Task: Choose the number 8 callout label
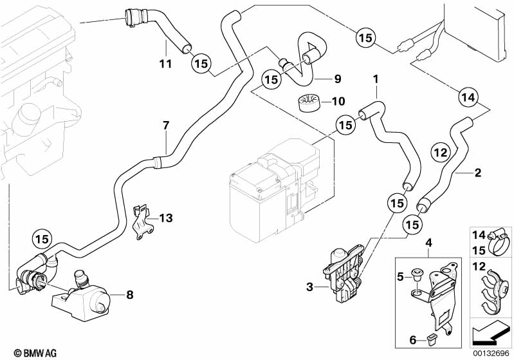[x=130, y=296]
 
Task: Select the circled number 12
[x=439, y=153]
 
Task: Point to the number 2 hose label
[x=477, y=173]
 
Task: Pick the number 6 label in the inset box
[x=412, y=339]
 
